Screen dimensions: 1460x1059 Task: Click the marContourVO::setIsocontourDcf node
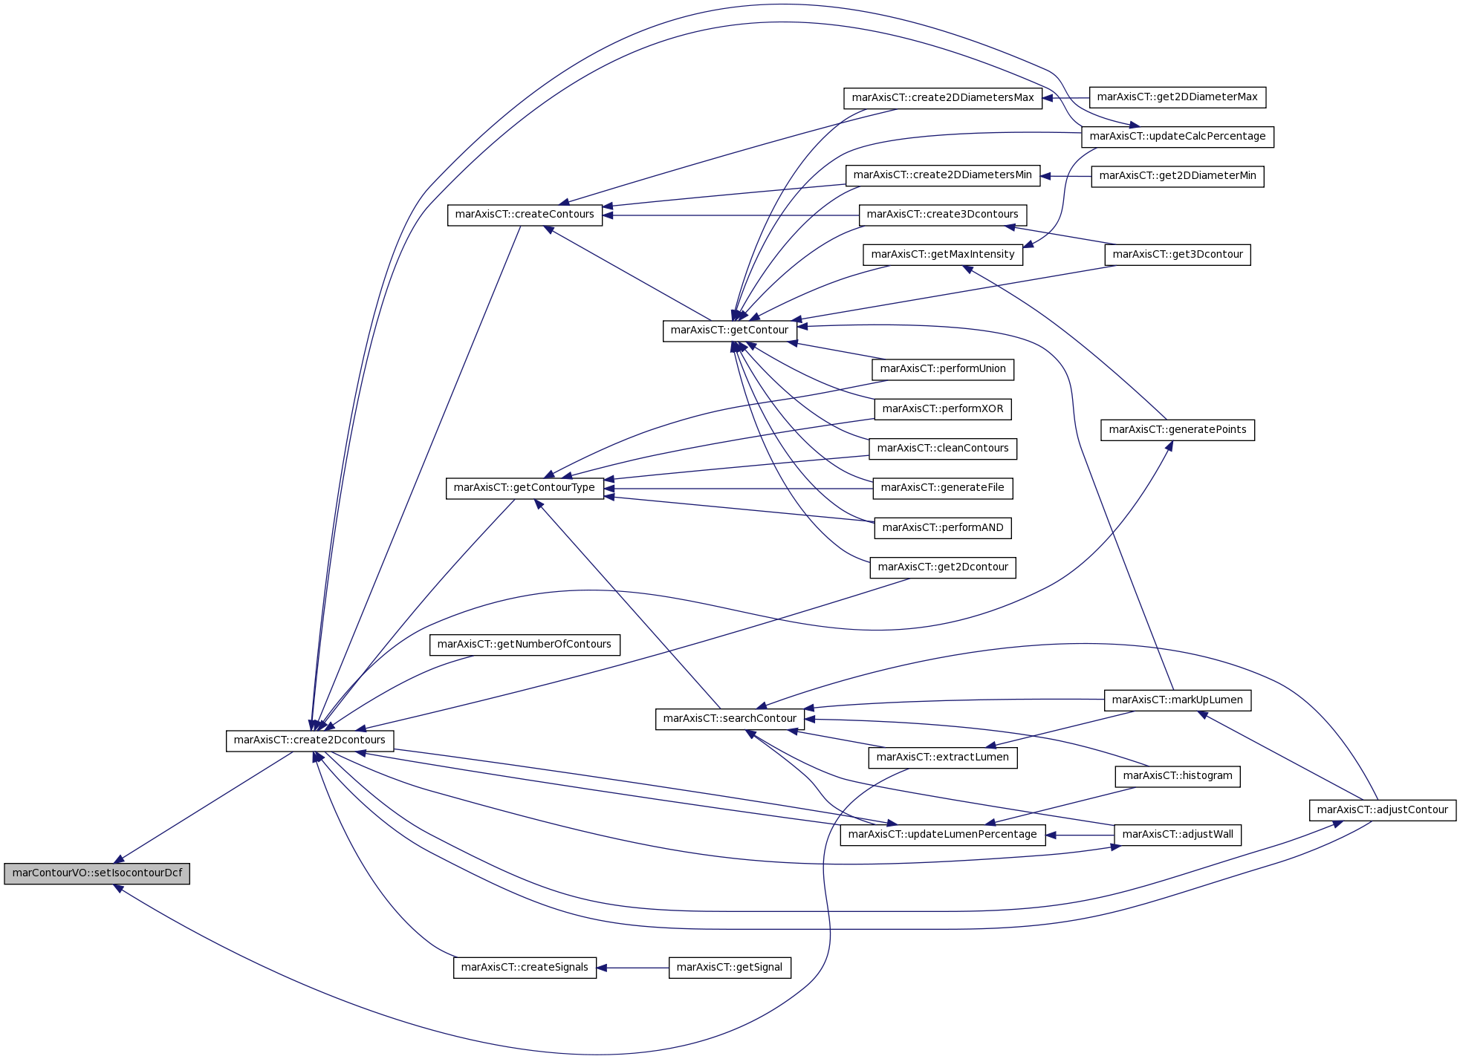[x=97, y=873]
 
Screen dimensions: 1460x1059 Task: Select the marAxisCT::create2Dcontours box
[x=310, y=740]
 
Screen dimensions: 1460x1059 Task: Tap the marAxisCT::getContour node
[x=730, y=330]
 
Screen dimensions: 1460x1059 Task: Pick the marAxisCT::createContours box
[x=525, y=215]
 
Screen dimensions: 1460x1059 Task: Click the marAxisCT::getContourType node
[x=525, y=488]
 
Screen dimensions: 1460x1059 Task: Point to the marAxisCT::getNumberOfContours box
[x=525, y=645]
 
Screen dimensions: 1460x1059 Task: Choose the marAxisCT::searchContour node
[x=730, y=719]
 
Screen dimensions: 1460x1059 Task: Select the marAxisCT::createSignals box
[x=525, y=968]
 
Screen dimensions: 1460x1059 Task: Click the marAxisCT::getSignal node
[x=730, y=968]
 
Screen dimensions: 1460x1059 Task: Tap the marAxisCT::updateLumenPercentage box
[x=943, y=835]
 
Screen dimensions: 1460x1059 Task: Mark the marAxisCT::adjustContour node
[x=1383, y=810]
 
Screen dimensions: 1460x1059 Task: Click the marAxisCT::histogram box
[x=1178, y=776]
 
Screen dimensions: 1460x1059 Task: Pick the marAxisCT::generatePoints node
[x=1178, y=430]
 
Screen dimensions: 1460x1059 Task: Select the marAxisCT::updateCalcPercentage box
[x=1178, y=137]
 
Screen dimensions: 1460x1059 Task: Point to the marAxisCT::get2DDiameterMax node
[x=1178, y=97]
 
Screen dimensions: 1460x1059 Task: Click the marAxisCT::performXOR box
[x=943, y=409]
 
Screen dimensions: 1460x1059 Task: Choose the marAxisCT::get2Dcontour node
[x=943, y=567]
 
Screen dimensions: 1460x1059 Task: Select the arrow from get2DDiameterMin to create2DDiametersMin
[x=1066, y=177]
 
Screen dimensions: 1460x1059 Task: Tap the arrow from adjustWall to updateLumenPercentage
[x=1080, y=835]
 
